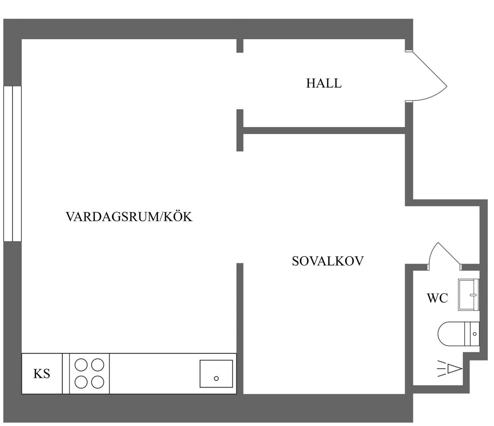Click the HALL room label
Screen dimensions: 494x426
tap(324, 83)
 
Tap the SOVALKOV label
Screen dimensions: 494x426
tap(328, 261)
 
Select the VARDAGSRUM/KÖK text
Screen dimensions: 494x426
tap(129, 216)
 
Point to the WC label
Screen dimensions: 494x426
tap(437, 299)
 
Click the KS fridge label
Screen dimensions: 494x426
tap(42, 373)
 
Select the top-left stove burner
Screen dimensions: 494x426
tap(81, 365)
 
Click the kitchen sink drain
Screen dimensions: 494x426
tap(216, 378)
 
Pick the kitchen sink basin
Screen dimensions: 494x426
tap(216, 373)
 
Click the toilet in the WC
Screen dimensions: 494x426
tap(458, 334)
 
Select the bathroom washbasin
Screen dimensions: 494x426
tap(469, 295)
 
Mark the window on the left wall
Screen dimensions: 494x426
tap(12, 164)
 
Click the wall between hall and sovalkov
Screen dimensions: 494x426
tap(324, 131)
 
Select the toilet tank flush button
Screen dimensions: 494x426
tap(475, 334)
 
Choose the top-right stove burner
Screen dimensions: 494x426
tap(97, 365)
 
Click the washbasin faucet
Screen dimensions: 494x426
tap(473, 295)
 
